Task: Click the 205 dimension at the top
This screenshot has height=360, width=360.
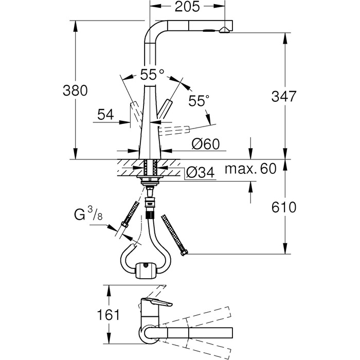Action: point(187,7)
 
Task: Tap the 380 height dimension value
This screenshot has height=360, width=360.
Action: point(75,91)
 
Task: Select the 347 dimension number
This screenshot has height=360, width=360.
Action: point(284,96)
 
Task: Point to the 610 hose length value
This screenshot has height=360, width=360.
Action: point(284,207)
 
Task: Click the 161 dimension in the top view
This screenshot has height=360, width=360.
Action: point(109,315)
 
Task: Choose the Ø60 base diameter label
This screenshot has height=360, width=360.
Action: point(206,144)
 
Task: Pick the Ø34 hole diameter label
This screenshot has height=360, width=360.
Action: point(201,172)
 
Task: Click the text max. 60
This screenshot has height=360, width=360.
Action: point(250,169)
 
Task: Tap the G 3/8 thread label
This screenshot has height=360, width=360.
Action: point(88,214)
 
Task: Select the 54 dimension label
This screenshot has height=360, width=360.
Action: point(105,114)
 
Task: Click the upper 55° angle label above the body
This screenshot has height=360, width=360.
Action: point(152,75)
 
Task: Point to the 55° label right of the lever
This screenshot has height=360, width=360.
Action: point(199,101)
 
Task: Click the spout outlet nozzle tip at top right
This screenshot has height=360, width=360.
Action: point(224,30)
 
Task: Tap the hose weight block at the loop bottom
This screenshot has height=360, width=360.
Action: point(146,271)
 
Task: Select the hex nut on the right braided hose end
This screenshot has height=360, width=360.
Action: point(184,253)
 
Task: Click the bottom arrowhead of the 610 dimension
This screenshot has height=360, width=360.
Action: point(285,248)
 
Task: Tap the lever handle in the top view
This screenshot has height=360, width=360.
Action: point(156,303)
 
